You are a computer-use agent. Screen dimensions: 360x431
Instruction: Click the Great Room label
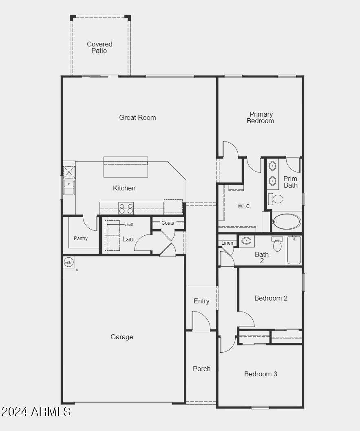coord(137,118)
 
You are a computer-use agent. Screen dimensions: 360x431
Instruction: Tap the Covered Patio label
coord(99,47)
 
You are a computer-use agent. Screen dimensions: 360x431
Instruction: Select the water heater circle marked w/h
coord(68,263)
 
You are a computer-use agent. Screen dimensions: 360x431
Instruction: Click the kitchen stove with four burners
coord(126,208)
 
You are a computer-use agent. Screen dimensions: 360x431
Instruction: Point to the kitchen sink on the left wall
coord(69,188)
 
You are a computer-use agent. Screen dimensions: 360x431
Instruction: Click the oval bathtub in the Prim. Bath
coord(287,221)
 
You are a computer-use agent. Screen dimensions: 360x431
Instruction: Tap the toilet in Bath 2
coord(277,244)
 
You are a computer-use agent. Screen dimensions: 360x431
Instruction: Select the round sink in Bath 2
coord(246,241)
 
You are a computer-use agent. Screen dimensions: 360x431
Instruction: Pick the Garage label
coord(122,337)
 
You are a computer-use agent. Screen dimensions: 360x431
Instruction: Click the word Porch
coord(202,369)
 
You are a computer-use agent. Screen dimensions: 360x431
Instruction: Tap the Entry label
coord(201,301)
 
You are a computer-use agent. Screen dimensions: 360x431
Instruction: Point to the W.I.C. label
coord(244,206)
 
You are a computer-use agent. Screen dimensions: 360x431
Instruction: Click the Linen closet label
coord(227,243)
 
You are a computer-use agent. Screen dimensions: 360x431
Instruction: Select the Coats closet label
coord(168,223)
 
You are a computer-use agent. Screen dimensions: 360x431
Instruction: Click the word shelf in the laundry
coord(129,225)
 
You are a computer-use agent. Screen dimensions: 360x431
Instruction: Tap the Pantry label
coord(81,238)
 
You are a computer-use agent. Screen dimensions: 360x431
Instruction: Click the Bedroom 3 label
coord(261,374)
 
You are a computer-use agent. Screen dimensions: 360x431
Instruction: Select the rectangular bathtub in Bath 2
coord(294,250)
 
